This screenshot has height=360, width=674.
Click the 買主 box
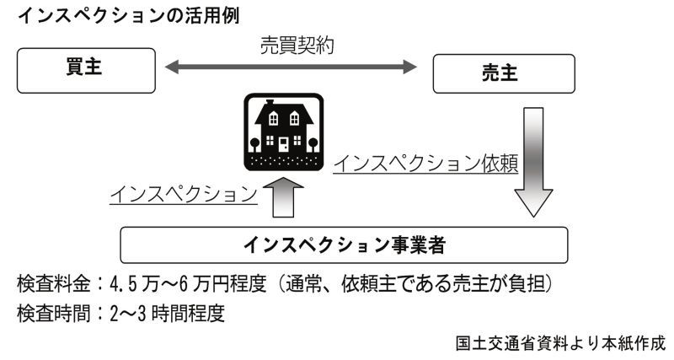coord(86,71)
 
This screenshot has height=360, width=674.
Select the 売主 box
coord(504,73)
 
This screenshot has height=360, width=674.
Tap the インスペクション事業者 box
coord(344,245)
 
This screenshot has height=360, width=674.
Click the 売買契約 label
coord(297,46)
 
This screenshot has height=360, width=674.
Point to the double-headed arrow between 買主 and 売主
coord(291,67)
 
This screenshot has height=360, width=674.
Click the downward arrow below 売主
coord(533,162)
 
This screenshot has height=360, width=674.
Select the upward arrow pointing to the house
coord(283,197)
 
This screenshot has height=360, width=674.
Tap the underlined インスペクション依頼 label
coord(426,164)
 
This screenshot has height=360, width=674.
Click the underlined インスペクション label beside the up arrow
coord(184,195)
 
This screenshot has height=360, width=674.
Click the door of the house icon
coord(284,144)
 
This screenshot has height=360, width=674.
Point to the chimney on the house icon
coord(270,102)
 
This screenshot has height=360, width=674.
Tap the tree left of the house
coord(255,144)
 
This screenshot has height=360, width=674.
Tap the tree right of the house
coord(313,144)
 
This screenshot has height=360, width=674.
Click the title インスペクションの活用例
coord(129,16)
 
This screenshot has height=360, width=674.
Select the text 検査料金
coord(54,284)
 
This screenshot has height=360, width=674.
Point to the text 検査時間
coord(54,314)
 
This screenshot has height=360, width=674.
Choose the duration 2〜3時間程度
coord(168,314)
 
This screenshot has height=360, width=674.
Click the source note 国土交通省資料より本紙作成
coord(560,344)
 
